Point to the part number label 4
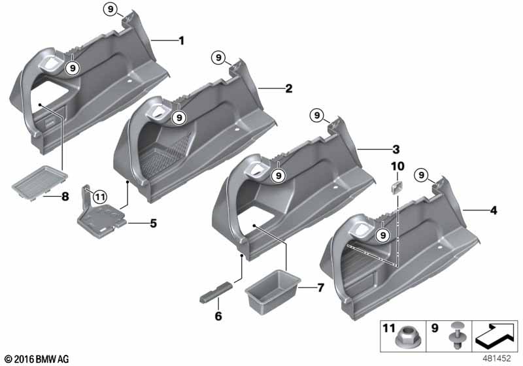point(494,210)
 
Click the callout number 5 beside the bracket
point(153,223)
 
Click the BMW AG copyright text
point(37,359)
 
